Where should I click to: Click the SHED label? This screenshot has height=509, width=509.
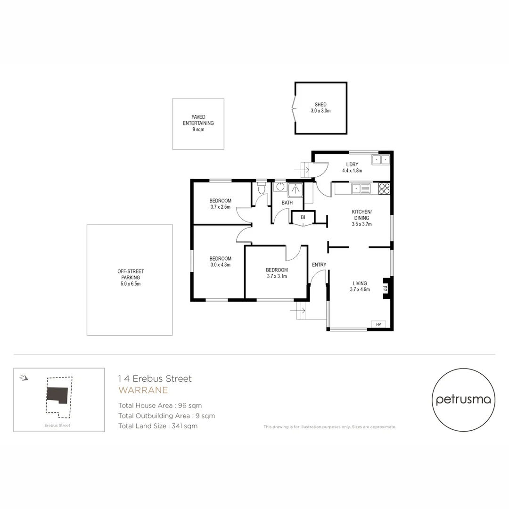coord(320,105)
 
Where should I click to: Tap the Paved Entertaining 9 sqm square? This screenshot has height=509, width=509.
coord(198,123)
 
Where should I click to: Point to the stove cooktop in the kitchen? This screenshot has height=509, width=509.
coord(384,189)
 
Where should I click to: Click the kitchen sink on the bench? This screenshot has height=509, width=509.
coord(361,189)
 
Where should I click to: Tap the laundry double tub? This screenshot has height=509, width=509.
coord(381,160)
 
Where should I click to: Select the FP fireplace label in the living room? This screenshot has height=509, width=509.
coord(385,288)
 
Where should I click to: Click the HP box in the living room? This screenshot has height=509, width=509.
coord(378,324)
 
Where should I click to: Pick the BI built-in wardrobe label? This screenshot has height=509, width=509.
coord(303,217)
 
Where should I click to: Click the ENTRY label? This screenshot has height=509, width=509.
coord(319,265)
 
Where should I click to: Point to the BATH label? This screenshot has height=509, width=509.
coord(287,203)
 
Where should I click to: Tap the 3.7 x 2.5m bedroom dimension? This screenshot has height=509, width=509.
coord(220,207)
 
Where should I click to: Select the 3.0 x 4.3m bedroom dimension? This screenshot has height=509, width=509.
coord(220,265)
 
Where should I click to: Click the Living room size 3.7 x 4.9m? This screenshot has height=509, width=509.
coord(360,290)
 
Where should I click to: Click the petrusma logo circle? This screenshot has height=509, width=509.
coord(463,400)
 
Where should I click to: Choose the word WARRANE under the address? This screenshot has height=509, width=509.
coord(143,390)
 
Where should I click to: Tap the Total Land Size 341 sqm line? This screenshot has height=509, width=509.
coord(158,426)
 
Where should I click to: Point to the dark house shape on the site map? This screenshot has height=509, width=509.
coord(57,394)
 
